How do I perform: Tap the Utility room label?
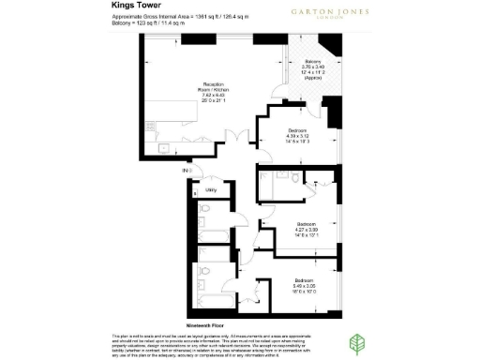(x=211, y=189)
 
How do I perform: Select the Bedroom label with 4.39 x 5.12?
(x=297, y=129)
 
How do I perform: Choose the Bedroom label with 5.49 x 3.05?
(x=302, y=281)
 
